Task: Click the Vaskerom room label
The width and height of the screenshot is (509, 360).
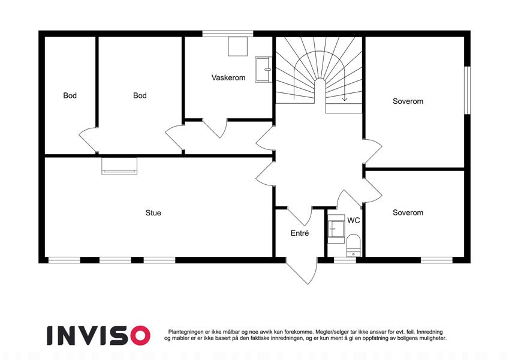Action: [228, 77]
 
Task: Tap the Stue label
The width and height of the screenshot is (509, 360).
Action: [153, 213]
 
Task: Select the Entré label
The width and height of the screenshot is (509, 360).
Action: [300, 233]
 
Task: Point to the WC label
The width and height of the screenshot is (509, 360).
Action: [354, 220]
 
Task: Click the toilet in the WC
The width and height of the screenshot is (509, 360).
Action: [353, 245]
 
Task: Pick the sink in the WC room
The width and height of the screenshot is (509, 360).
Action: [336, 229]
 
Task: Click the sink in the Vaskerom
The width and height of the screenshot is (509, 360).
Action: [263, 70]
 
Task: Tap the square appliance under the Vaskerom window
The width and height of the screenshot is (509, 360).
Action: [237, 46]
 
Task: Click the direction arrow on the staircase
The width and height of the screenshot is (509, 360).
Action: [344, 97]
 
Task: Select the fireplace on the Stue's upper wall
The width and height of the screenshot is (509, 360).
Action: [119, 166]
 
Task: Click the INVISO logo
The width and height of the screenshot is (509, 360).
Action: [99, 335]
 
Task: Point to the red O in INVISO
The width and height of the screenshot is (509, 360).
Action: [140, 335]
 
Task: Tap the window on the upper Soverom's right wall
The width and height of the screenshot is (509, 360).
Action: [467, 91]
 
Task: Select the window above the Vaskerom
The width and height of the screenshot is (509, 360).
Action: [228, 34]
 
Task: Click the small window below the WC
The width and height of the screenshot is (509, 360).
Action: [345, 260]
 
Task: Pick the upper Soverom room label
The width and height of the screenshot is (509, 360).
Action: [408, 101]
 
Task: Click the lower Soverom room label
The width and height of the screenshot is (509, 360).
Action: [408, 213]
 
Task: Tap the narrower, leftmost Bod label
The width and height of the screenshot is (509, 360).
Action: [70, 95]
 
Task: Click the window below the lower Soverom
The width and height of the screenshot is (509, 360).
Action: [436, 260]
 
